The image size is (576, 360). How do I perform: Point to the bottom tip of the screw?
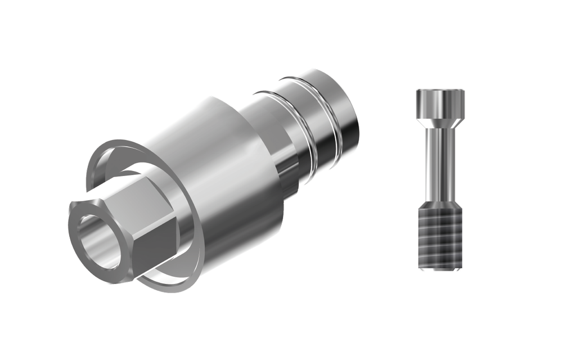[x=440, y=272]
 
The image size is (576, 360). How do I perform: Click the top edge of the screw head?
[x=440, y=89]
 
